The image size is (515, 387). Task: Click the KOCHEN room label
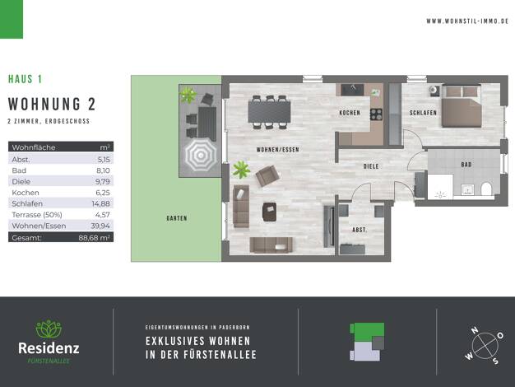tap(350, 113)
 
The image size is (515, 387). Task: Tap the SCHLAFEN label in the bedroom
tap(423, 113)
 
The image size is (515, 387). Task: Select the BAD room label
tap(466, 165)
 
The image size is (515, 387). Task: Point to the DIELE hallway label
tap(371, 166)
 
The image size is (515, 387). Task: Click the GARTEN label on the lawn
tap(177, 218)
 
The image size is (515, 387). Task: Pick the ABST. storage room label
tap(360, 230)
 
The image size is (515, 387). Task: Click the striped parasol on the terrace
tap(201, 155)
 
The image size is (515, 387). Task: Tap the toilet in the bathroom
tap(486, 189)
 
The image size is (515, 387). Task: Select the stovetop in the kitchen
tap(377, 114)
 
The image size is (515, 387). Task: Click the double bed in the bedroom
tap(462, 106)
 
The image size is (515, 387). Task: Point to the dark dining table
tap(269, 112)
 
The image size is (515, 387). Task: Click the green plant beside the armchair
tap(241, 170)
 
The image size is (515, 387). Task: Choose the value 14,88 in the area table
tap(101, 203)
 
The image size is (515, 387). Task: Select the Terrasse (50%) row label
tap(37, 215)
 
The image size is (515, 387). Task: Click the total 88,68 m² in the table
tap(95, 237)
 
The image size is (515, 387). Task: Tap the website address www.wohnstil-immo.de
tap(467, 21)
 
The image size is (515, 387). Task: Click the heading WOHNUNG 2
tap(52, 105)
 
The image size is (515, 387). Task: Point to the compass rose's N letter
tap(475, 330)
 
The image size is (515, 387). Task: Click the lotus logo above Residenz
tap(49, 329)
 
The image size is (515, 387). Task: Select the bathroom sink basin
tap(467, 189)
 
